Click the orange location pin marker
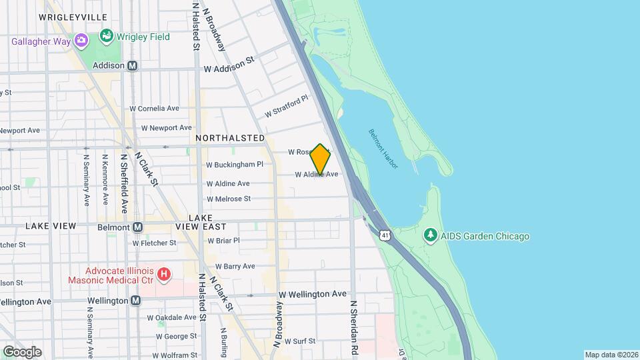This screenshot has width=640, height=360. tap(320, 159)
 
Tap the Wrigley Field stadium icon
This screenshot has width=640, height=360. tap(106, 35)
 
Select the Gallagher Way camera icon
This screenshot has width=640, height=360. tap(81, 41)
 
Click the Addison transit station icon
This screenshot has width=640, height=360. tap(133, 65)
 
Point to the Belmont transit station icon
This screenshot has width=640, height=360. tap(138, 227)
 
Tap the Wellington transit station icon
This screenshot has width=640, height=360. tap(136, 301)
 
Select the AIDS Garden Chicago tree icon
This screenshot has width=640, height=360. tap(431, 235)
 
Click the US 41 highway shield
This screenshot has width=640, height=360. tap(385, 235)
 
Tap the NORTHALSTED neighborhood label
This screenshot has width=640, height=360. tap(230, 137)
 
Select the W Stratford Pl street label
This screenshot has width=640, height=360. tap(286, 105)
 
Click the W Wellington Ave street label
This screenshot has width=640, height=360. tap(313, 294)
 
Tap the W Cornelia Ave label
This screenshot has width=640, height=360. tap(154, 108)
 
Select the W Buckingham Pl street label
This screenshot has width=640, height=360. tap(235, 164)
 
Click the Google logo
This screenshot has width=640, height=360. tap(21, 351)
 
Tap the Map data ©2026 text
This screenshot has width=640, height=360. tap(610, 355)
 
